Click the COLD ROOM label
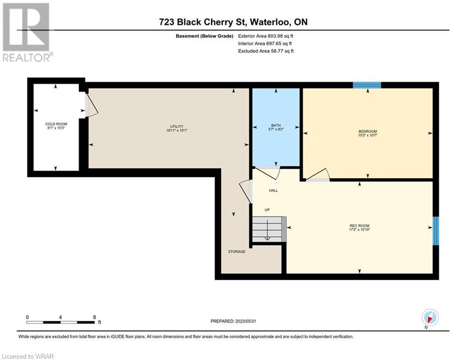pyautogui.click(x=56, y=124)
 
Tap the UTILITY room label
pyautogui.click(x=177, y=127)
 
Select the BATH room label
pyautogui.click(x=276, y=125)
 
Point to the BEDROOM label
pyautogui.click(x=368, y=131)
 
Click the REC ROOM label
pyautogui.click(x=359, y=225)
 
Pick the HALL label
pyautogui.click(x=274, y=190)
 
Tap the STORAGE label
pyautogui.click(x=237, y=251)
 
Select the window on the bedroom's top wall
pyautogui.click(x=367, y=85)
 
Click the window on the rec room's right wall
pyautogui.click(x=436, y=231)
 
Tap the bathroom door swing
pyautogui.click(x=267, y=172)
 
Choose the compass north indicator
pyautogui.click(x=430, y=318)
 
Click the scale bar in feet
pyautogui.click(x=60, y=322)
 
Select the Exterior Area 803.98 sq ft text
pyautogui.click(x=266, y=36)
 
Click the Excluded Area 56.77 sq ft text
pyautogui.click(x=266, y=51)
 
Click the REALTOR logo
pyautogui.click(x=27, y=32)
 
